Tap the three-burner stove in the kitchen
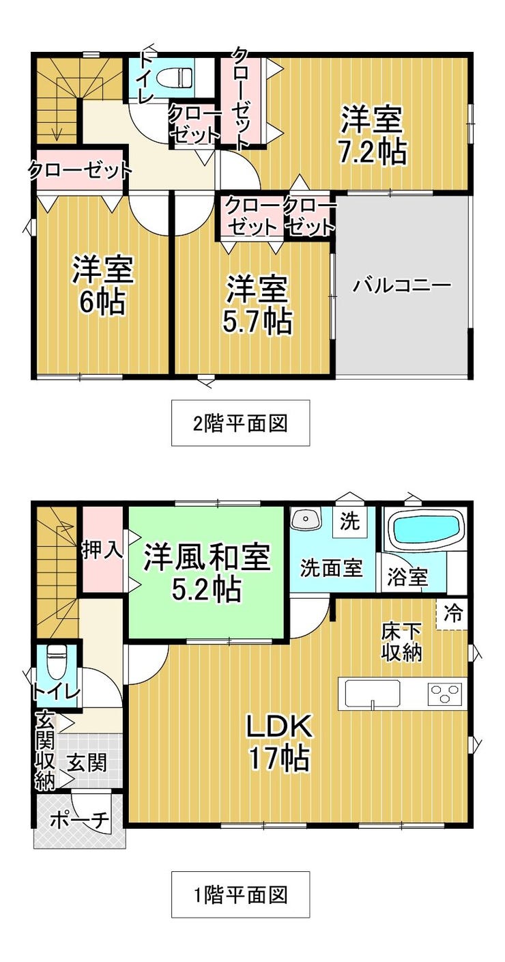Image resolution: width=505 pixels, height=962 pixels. coord(445,693)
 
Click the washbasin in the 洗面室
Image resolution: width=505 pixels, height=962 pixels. coord(305,518)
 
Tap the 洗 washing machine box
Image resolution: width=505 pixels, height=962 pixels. coord(349,522)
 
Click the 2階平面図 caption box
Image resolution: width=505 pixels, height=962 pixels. coord(240,423)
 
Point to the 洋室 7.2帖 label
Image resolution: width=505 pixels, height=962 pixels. coord(373,136)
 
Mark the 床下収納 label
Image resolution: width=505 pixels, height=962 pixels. coord(402,642)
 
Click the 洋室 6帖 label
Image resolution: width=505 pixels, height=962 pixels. coord(102,285)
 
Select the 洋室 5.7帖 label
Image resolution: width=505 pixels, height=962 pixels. coord(257,305)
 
